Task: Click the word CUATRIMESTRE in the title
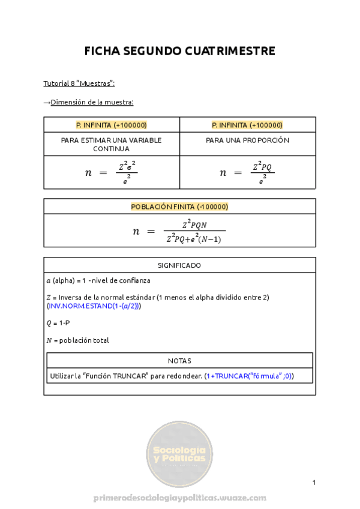point(235,52)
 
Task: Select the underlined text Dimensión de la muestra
point(92,102)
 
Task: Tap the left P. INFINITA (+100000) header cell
point(111,125)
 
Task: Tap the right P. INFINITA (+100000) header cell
point(247,125)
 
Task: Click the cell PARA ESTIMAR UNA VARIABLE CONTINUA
point(111,144)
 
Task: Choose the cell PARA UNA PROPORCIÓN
point(247,140)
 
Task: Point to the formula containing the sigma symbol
point(112,173)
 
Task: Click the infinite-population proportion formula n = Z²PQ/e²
point(247,173)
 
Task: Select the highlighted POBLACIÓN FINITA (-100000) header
point(179,206)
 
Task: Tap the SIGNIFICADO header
point(179,265)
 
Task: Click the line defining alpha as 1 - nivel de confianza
point(98,280)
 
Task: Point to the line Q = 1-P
point(58,323)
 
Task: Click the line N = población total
point(77,340)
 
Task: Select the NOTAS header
point(179,361)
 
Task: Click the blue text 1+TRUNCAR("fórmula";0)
point(249,376)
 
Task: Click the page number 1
point(314,483)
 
